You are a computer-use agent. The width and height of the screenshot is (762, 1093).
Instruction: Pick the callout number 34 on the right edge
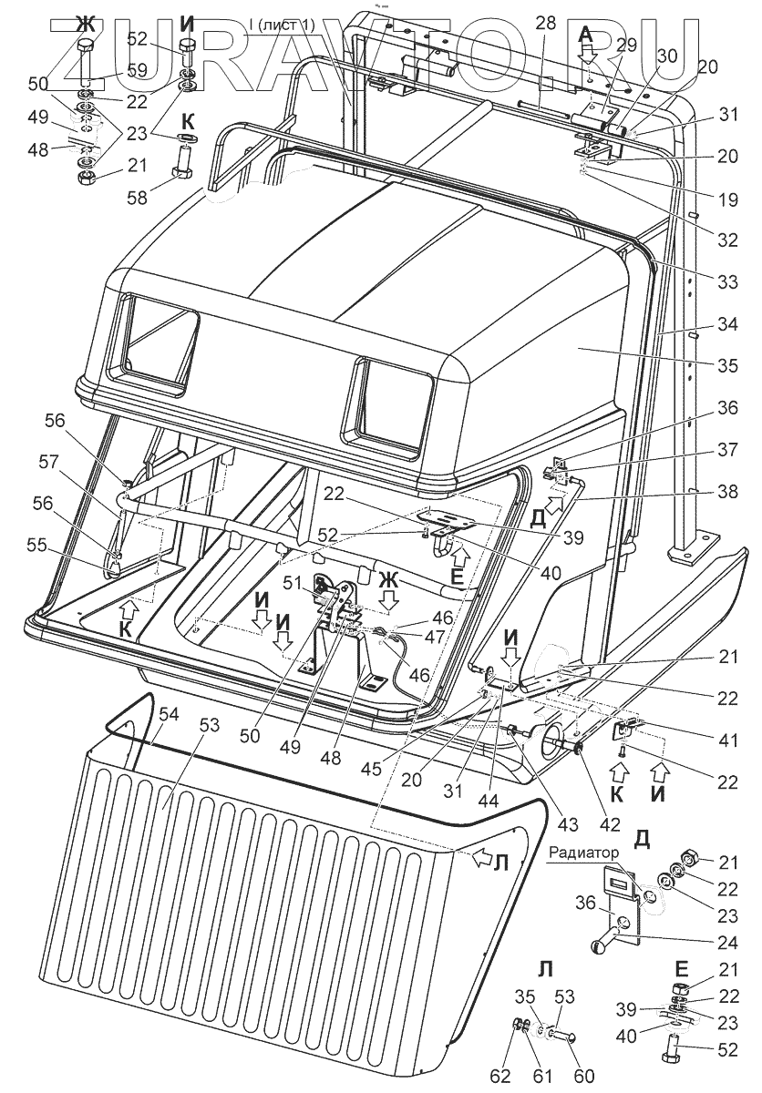(726, 324)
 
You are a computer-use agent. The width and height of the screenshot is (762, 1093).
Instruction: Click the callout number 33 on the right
(726, 282)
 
